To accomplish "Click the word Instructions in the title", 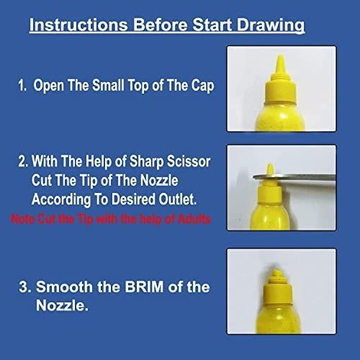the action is coord(78,24).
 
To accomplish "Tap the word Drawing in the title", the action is coord(271,26).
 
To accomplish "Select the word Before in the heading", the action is coord(161,24).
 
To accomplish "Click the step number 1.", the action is coord(22,86).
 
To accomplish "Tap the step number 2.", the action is coord(23,161).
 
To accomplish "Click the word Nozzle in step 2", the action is coord(159,180).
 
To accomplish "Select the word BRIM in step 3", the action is coord(144,287).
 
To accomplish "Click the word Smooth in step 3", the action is coord(64,287).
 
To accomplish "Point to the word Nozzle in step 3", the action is coord(62,305).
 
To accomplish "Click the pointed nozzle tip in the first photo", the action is coord(280,58).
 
